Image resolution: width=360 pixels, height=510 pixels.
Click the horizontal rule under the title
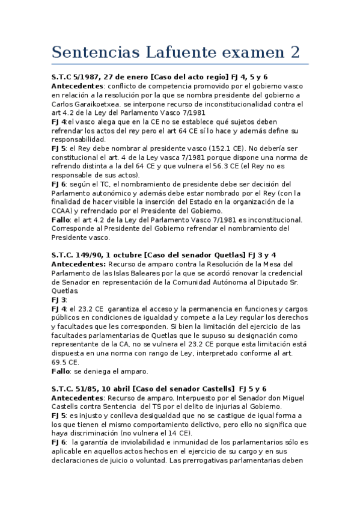pyautogui.click(x=180, y=64)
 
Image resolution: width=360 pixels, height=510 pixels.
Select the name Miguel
pyautogui.click(x=279, y=398)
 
